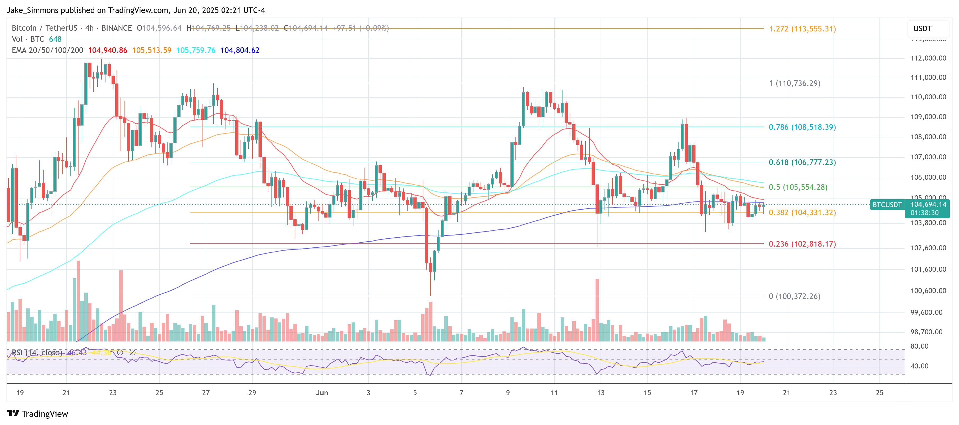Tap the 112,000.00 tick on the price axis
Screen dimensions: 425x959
928,58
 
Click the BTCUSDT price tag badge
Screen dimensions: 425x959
887,205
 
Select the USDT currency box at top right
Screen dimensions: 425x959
923,29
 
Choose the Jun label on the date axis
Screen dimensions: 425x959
322,392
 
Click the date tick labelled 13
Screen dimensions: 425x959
601,392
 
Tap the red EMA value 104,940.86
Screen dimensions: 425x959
108,50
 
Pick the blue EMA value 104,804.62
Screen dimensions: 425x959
240,50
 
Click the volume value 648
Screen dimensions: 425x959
55,39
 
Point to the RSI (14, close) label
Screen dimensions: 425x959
37,352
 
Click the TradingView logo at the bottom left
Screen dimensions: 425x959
37,414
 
